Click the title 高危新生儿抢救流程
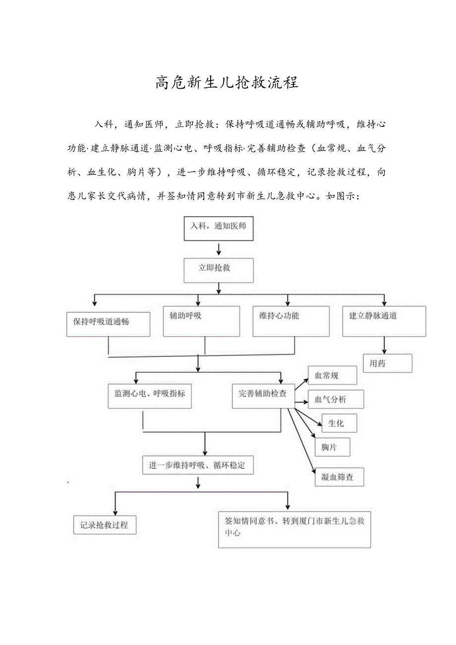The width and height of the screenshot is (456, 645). (x=227, y=82)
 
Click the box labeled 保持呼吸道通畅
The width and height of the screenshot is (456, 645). (x=108, y=324)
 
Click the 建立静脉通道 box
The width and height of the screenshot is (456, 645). (x=384, y=321)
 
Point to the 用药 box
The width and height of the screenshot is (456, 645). (x=388, y=363)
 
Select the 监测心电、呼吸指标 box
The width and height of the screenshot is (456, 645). (x=150, y=396)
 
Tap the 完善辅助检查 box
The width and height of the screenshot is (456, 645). (x=263, y=396)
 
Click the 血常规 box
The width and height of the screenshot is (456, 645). (x=332, y=375)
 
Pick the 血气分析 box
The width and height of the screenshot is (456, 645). (x=336, y=399)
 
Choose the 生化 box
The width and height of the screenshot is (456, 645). (x=339, y=423)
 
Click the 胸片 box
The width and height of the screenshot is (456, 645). (x=332, y=447)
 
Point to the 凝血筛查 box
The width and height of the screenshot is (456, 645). (x=340, y=477)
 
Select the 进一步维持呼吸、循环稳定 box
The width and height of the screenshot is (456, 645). (x=197, y=466)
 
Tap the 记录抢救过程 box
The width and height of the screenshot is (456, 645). (x=105, y=525)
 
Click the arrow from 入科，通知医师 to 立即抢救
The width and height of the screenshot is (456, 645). (x=219, y=249)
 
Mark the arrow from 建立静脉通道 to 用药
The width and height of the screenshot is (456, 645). (x=384, y=345)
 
